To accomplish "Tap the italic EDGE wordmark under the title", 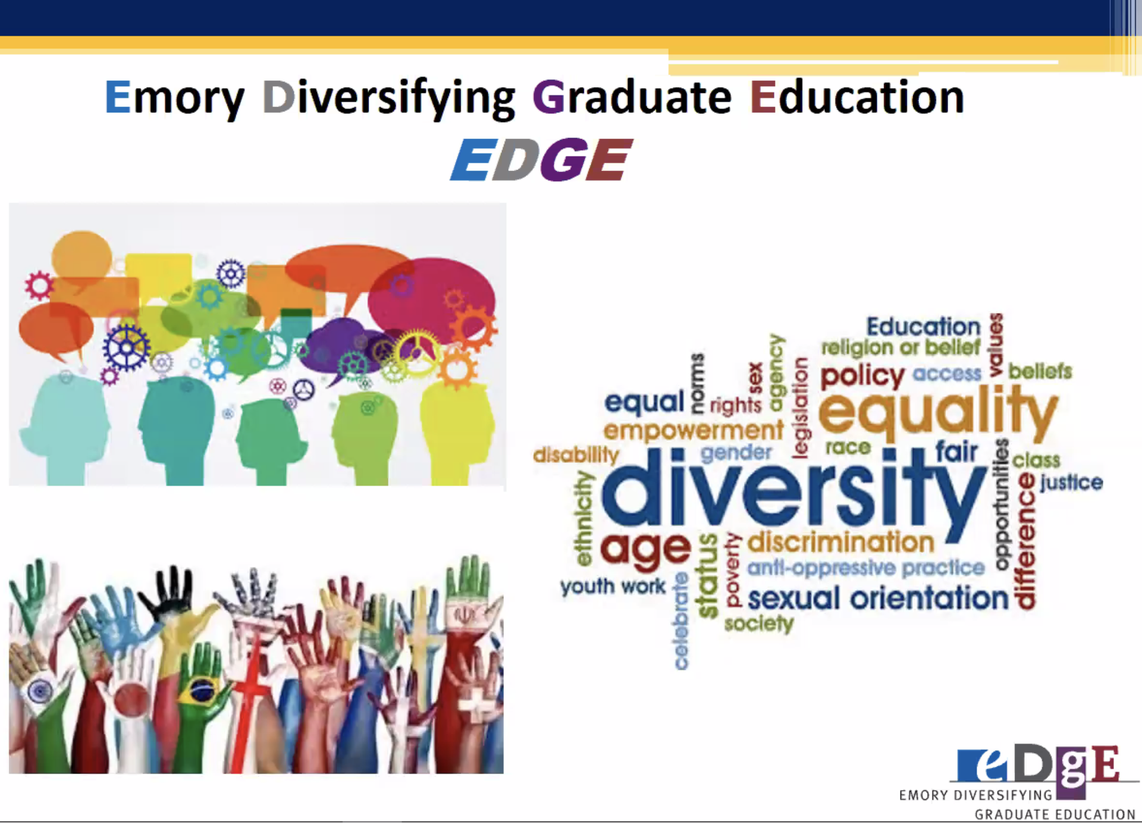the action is coord(541,159).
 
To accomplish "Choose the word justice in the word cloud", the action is coord(1071,483).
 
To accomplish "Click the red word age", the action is coord(646,550).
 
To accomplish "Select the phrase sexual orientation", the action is coord(878,599).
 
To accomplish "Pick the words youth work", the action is coord(613,587).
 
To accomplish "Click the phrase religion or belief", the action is coord(901,347).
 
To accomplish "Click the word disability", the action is coord(576,455).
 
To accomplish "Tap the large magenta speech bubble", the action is coord(431,300).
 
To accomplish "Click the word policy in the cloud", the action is coord(862,376).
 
